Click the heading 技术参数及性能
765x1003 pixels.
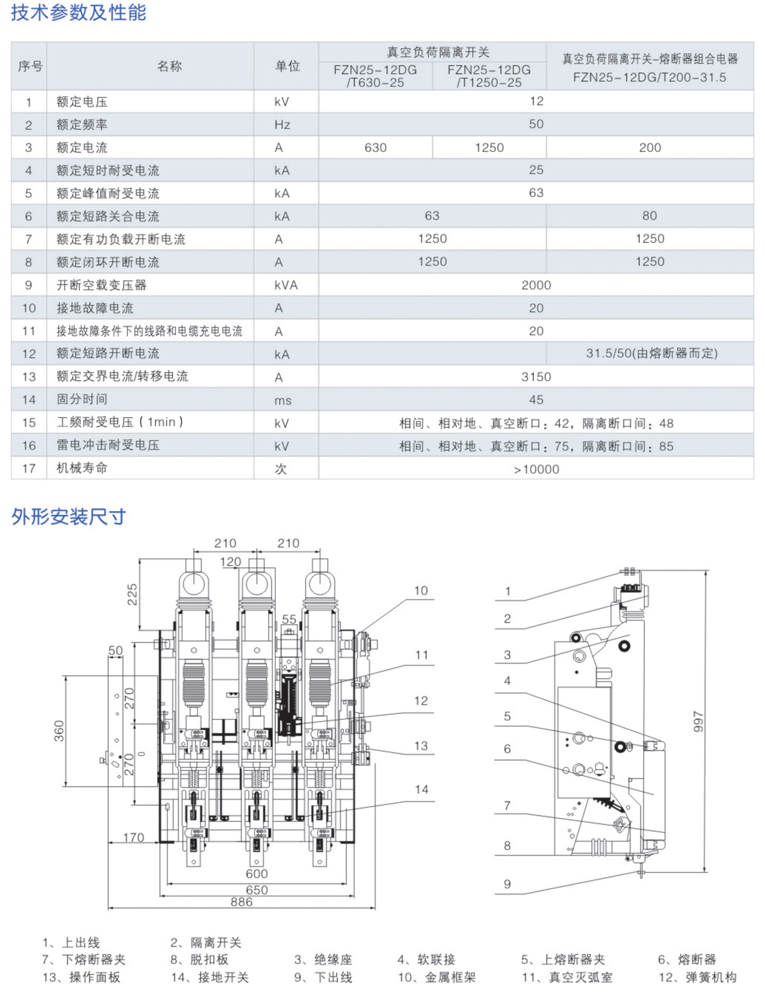click(x=78, y=13)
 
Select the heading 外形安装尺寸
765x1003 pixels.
click(x=69, y=516)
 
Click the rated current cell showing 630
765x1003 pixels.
click(x=375, y=147)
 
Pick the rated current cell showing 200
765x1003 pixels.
click(x=650, y=147)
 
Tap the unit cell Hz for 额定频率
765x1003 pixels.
click(x=282, y=125)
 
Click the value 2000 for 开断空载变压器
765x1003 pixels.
click(x=536, y=285)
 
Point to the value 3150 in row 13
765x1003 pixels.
click(x=536, y=377)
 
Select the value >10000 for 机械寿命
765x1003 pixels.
click(x=536, y=469)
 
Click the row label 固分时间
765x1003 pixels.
click(x=82, y=399)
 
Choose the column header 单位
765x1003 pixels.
click(x=287, y=66)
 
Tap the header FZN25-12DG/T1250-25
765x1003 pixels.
click(x=489, y=76)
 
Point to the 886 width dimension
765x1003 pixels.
click(x=242, y=902)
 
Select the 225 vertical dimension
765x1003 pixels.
click(x=132, y=594)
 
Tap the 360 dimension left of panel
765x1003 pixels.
click(x=59, y=731)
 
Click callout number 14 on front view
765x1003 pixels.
click(x=421, y=789)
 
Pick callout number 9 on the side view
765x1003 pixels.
click(x=507, y=884)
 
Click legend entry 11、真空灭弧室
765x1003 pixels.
click(x=567, y=977)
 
